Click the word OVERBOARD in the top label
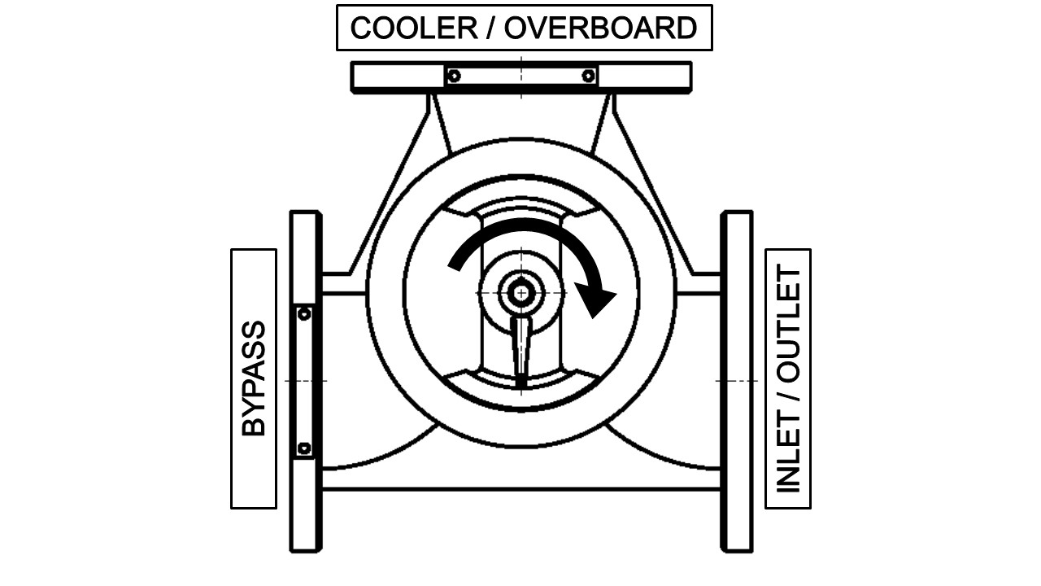tap(601, 28)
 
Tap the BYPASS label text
tap(254, 378)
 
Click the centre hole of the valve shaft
tap(520, 291)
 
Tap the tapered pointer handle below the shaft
tap(520, 346)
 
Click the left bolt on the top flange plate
tap(454, 76)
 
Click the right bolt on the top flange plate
tap(588, 76)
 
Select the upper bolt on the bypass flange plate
tap(304, 313)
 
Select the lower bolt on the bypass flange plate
tap(304, 448)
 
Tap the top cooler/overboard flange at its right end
tap(651, 77)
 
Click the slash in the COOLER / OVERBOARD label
tap(491, 28)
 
